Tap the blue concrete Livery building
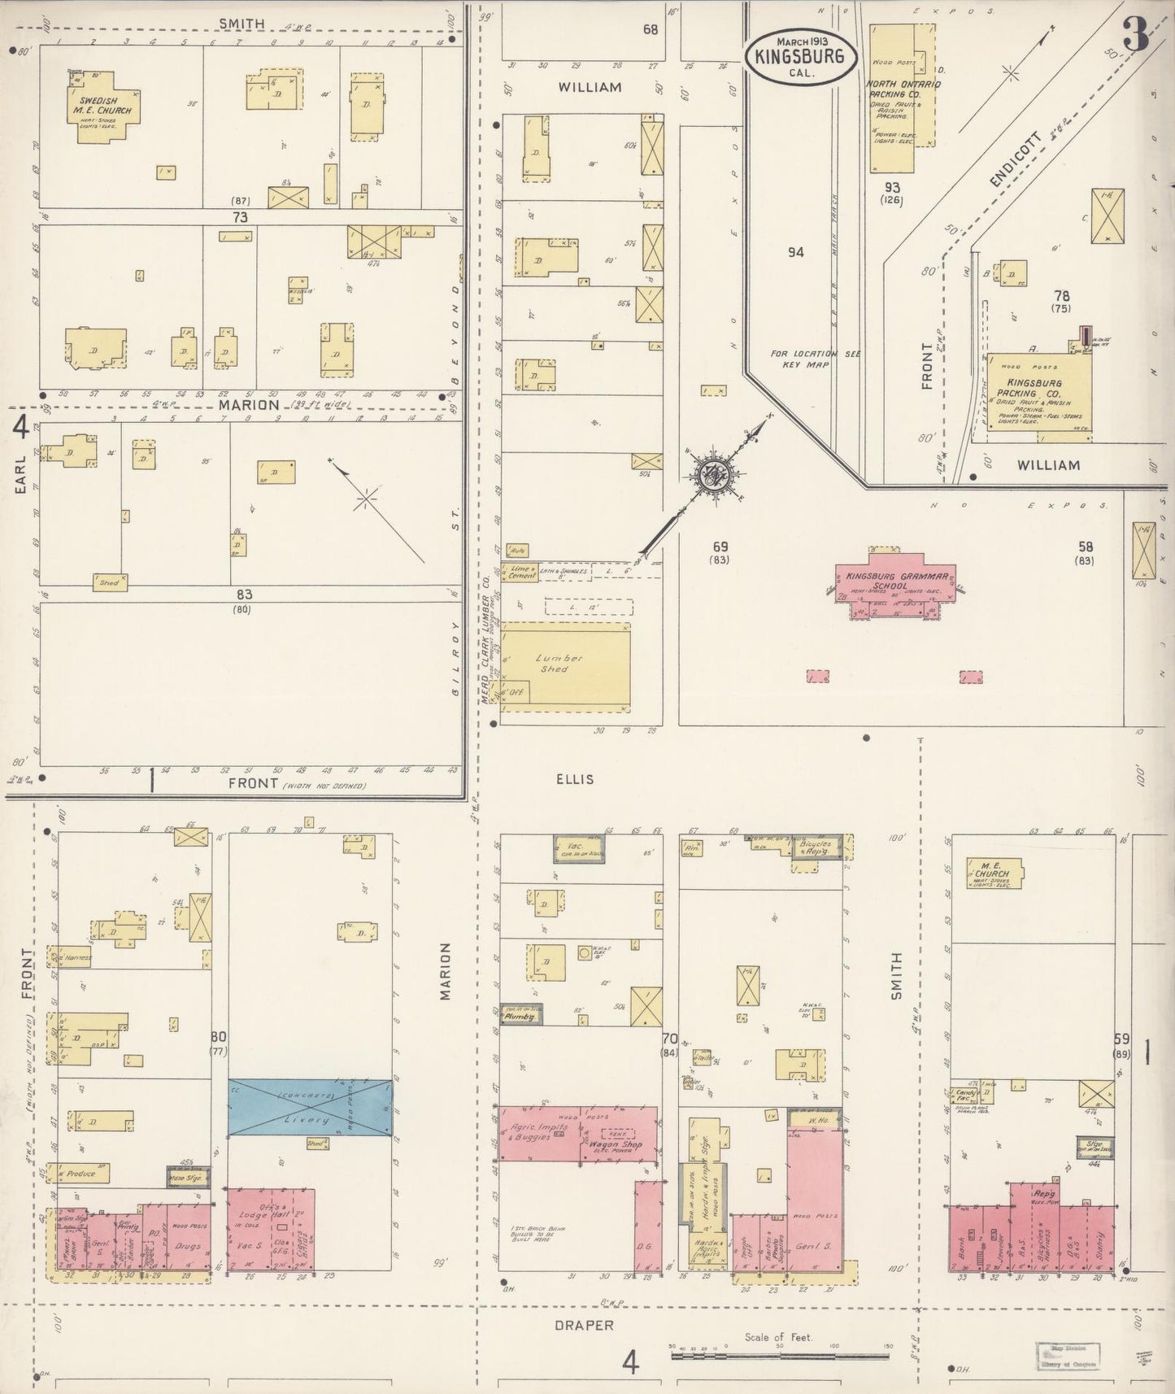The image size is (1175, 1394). [x=310, y=1109]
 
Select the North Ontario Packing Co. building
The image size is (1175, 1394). [x=893, y=98]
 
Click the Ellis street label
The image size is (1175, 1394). [x=576, y=779]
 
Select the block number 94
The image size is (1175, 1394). [x=795, y=252]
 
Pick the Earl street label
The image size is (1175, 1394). [x=20, y=473]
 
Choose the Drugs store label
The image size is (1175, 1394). [x=188, y=1245]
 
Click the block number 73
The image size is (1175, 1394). [x=239, y=217]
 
